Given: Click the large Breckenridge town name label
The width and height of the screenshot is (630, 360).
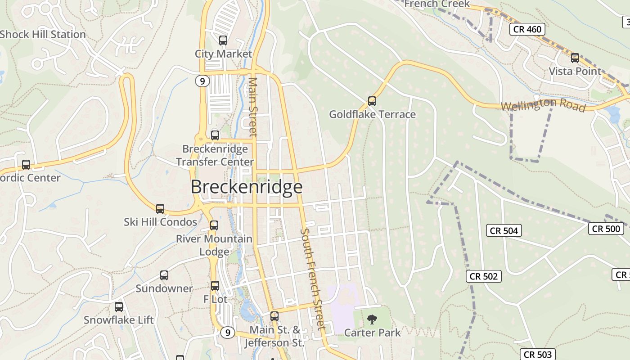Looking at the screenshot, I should click(x=247, y=187).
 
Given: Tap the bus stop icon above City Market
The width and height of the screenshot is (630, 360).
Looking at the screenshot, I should click(x=223, y=40).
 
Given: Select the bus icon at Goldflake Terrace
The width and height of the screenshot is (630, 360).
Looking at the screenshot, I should click(x=372, y=101).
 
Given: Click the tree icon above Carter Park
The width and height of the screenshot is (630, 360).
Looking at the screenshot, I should click(x=372, y=319).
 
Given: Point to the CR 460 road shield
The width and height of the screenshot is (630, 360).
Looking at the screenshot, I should click(x=527, y=30).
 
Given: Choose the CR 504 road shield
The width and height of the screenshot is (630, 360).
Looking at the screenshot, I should click(x=504, y=231).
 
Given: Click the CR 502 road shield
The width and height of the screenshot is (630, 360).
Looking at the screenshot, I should click(x=484, y=276).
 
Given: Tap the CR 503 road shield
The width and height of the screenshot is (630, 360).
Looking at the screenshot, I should click(x=538, y=355).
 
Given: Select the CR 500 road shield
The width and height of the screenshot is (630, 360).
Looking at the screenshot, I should click(x=606, y=229).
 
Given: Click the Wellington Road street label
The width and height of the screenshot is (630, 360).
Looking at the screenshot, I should click(x=543, y=105).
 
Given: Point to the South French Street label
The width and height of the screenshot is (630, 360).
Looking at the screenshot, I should click(x=312, y=279).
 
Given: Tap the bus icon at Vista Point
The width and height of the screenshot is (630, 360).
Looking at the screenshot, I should click(x=575, y=58).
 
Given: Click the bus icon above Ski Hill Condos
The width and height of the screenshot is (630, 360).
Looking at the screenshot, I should click(x=160, y=209).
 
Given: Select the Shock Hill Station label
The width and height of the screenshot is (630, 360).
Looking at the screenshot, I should click(x=43, y=35).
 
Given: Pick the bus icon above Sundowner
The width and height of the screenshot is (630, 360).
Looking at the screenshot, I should click(x=164, y=275).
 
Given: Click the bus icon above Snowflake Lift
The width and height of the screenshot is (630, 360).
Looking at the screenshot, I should click(x=119, y=307).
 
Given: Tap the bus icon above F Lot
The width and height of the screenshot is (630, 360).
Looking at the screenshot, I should click(x=215, y=286).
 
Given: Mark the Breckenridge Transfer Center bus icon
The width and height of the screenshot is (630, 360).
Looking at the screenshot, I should click(x=215, y=135).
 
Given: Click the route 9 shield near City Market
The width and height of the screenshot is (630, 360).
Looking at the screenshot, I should click(x=202, y=81).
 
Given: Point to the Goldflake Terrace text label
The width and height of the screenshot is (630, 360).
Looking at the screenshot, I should click(x=372, y=114).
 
